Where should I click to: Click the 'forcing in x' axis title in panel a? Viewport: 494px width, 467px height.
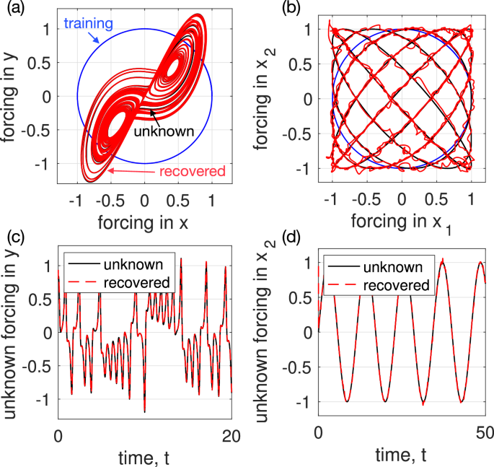(144, 224)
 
